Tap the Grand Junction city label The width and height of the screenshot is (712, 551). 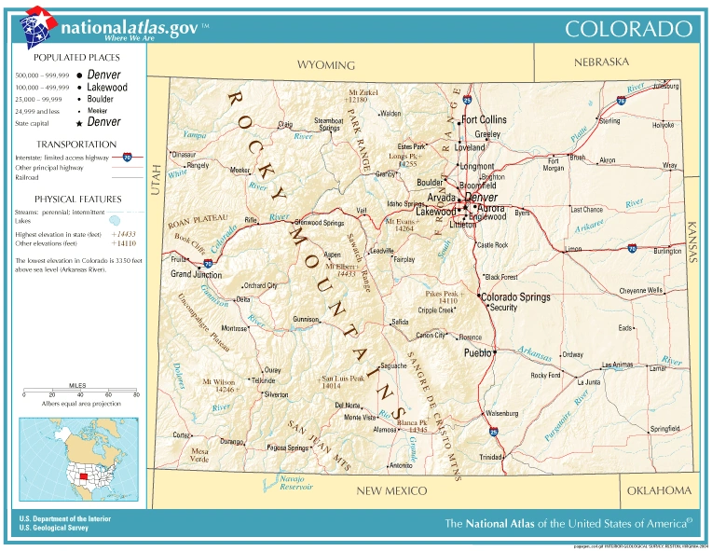(x=196, y=275)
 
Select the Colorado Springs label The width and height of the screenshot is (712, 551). (x=514, y=297)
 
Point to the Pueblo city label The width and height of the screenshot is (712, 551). (x=478, y=353)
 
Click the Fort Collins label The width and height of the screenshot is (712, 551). (x=484, y=119)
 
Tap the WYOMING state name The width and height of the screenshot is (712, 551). (x=326, y=65)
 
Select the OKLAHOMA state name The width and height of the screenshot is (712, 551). (x=659, y=490)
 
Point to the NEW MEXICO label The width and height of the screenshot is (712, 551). (x=391, y=490)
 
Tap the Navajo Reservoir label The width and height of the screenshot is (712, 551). (x=296, y=482)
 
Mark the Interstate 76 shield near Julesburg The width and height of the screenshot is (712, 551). (x=622, y=100)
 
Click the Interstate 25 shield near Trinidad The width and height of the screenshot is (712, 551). (x=493, y=433)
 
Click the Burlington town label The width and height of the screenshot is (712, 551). (x=667, y=251)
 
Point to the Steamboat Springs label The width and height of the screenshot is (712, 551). (x=328, y=124)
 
